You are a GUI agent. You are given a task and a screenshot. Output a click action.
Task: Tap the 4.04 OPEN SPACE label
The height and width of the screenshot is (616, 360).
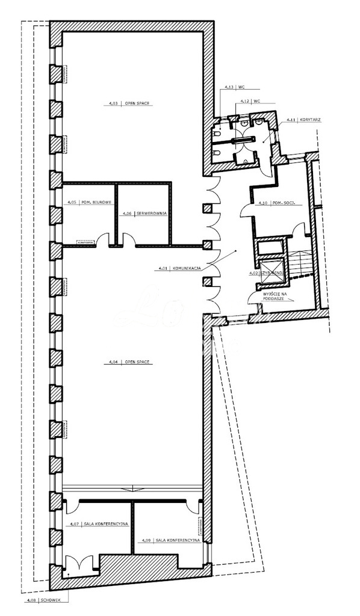coord(129,362)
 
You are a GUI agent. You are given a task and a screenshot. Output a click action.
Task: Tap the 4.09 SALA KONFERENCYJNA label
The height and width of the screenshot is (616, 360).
coord(169,541)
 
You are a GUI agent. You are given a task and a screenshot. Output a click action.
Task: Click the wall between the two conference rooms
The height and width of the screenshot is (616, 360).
coord(132,528)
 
